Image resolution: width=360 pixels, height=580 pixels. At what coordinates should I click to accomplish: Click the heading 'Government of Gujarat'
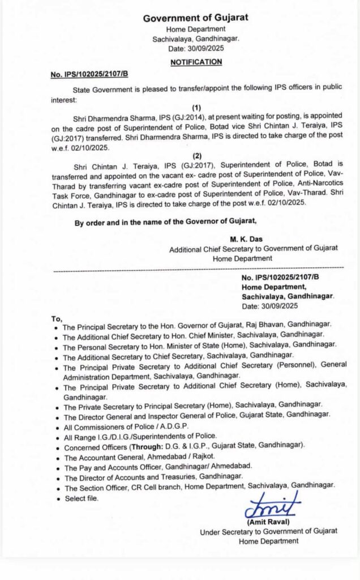coord(196,18)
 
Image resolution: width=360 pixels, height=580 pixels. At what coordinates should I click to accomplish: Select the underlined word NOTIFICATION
coord(196,62)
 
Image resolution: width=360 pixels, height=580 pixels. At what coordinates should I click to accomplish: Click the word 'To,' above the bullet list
coord(57,318)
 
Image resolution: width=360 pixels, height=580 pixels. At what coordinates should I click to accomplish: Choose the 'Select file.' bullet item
coord(81,498)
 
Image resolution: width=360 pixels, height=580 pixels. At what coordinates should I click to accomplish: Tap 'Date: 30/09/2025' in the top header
coord(196,49)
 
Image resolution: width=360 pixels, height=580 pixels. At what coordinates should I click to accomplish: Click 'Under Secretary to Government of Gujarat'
coord(268,531)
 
